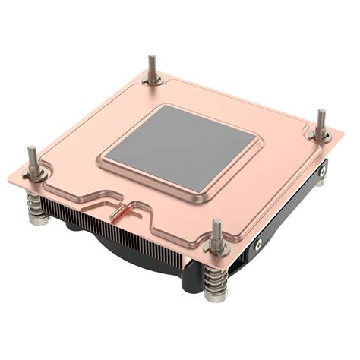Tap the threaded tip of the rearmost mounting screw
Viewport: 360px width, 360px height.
click(x=152, y=62)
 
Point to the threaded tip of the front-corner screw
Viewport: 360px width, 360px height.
click(x=217, y=228)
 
